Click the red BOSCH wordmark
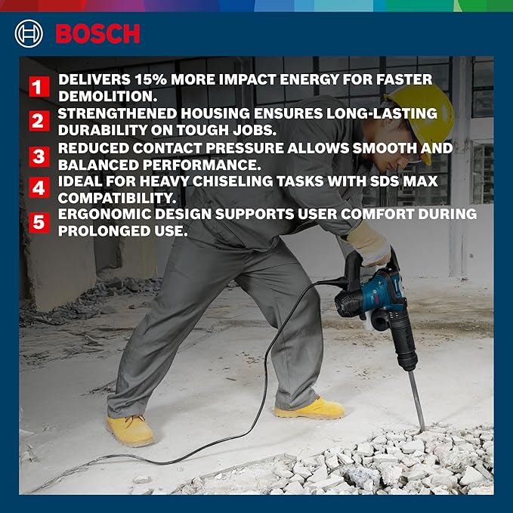(x=97, y=33)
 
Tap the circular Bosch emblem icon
(x=29, y=33)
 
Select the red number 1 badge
(x=39, y=87)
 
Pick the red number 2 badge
(x=39, y=121)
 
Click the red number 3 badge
(x=39, y=156)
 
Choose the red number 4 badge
(x=39, y=187)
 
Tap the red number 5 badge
(x=39, y=222)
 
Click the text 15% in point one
(x=150, y=79)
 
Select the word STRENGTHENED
(x=117, y=113)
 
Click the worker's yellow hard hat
(x=422, y=122)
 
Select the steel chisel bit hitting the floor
(x=416, y=400)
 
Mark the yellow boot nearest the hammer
(x=310, y=409)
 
